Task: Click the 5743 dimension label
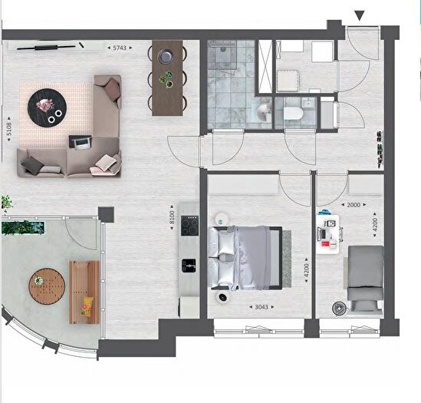click(120, 48)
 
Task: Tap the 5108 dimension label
click(9, 129)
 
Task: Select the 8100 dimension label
click(172, 217)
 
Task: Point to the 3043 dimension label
click(261, 307)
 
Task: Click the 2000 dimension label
click(354, 205)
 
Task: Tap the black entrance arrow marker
click(360, 15)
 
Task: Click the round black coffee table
click(47, 107)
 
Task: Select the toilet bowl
click(293, 114)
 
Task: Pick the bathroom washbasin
click(264, 112)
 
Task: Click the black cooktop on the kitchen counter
click(189, 226)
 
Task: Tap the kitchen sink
click(189, 266)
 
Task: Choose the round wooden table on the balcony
click(47, 286)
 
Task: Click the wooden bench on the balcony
click(84, 292)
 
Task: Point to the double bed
click(245, 258)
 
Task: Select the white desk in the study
click(327, 234)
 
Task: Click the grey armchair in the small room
click(366, 278)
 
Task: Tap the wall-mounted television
click(46, 48)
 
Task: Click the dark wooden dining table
click(167, 78)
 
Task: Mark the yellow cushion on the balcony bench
click(87, 306)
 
